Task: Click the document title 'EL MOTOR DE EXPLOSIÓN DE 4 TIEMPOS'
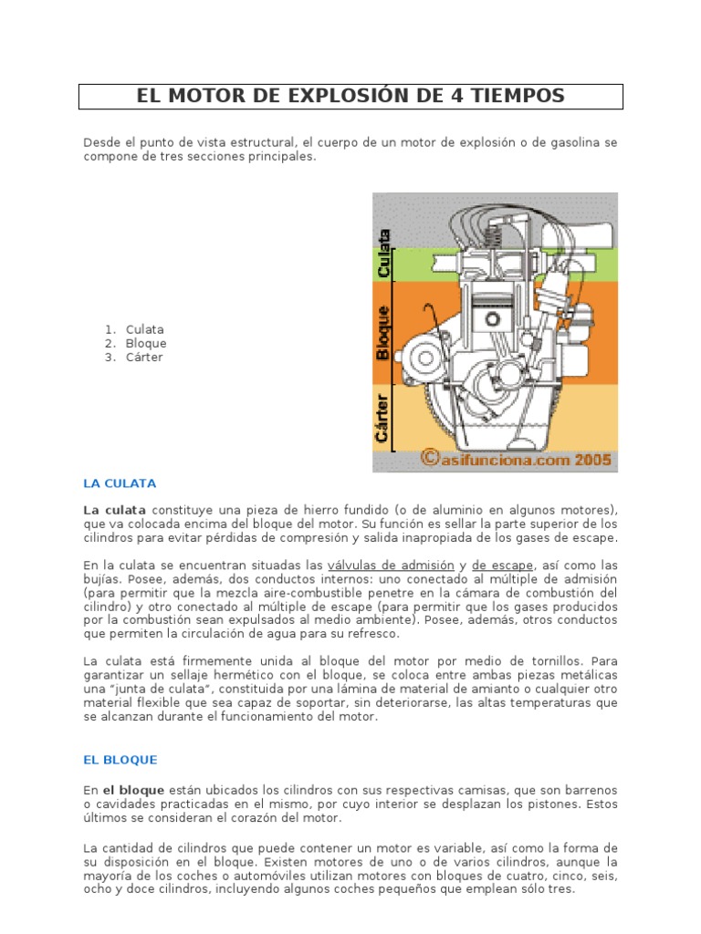[x=350, y=96]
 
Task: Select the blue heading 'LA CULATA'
[x=120, y=483]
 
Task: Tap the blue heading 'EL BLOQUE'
[x=120, y=759]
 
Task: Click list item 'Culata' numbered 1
[x=145, y=329]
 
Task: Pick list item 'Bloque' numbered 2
[x=146, y=343]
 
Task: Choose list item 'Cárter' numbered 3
[x=144, y=358]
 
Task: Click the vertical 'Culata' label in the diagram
[x=384, y=253]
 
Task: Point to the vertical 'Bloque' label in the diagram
[x=384, y=332]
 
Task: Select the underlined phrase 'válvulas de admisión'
[x=391, y=565]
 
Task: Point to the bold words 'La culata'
[x=115, y=509]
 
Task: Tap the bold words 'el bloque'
[x=133, y=789]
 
